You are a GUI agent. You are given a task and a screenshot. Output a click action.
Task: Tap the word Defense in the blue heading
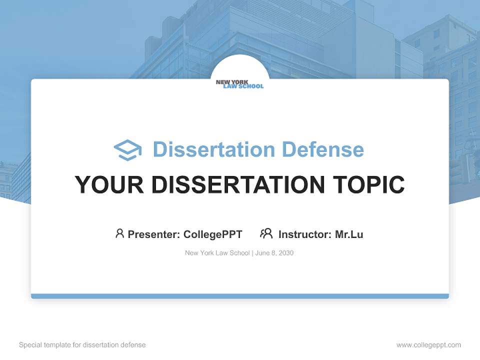click(322, 149)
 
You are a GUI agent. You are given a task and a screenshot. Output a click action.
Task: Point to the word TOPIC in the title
click(369, 184)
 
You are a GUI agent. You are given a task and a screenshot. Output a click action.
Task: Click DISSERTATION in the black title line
click(238, 184)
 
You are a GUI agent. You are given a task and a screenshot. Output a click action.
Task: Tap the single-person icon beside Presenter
click(119, 233)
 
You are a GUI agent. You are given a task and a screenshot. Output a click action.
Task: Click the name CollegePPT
click(213, 234)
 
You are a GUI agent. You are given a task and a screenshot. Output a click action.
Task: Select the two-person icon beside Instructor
click(266, 233)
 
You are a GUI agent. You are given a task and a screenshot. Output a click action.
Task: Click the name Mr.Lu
click(349, 234)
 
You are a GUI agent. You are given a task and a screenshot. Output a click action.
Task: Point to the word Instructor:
click(305, 234)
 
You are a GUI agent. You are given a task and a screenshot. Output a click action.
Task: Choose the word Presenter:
click(154, 234)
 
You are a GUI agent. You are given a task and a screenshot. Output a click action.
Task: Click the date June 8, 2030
click(274, 253)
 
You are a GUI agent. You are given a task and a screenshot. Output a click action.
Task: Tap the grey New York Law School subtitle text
click(217, 253)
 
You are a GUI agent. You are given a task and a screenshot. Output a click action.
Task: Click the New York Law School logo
click(239, 84)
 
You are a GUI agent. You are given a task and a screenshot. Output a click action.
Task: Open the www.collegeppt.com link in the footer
click(428, 345)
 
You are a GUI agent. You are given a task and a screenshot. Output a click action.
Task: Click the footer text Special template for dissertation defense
click(82, 345)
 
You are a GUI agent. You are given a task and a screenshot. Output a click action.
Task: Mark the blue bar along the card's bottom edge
click(239, 296)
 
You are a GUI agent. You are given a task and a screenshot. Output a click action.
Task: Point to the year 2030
click(286, 253)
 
